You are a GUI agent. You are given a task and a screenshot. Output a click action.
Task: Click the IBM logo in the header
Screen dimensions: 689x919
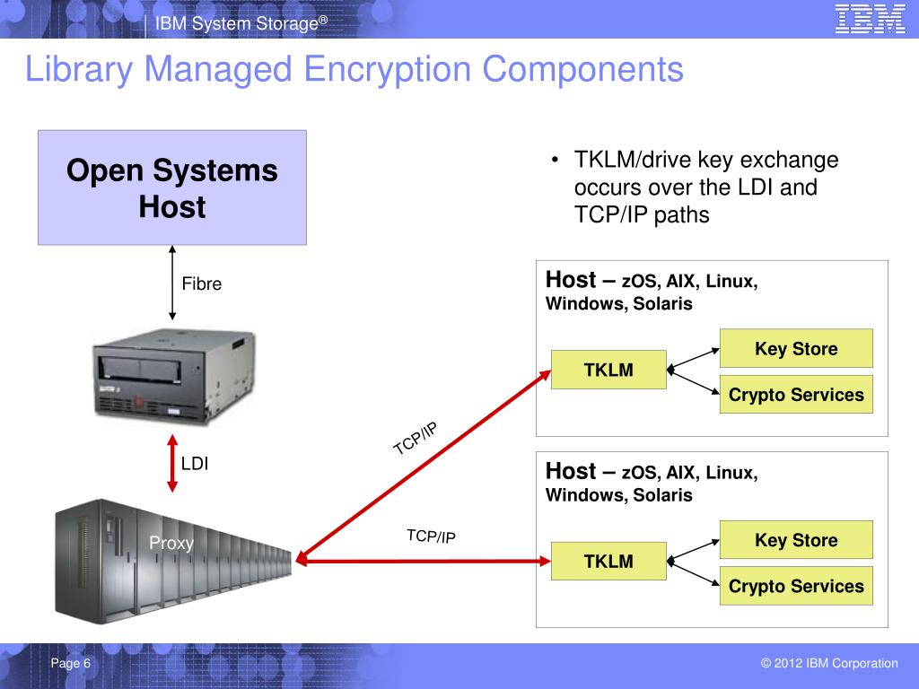[870, 20]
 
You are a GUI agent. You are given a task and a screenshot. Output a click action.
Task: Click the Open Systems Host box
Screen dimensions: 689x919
[172, 188]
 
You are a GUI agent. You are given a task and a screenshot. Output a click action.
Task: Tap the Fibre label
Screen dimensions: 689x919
[202, 284]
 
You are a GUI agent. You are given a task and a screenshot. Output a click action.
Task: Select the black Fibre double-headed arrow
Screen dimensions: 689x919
[171, 284]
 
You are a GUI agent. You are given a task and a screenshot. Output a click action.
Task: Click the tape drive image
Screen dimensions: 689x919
[173, 374]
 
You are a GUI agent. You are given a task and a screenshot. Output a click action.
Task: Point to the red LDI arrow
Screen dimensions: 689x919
[171, 464]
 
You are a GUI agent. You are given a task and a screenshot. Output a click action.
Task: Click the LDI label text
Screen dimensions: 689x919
[195, 464]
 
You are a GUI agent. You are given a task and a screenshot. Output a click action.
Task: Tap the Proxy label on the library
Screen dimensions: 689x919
[171, 543]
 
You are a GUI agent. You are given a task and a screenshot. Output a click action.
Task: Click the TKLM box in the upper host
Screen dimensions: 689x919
[608, 370]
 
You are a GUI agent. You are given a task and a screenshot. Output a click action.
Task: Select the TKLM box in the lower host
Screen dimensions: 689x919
[608, 562]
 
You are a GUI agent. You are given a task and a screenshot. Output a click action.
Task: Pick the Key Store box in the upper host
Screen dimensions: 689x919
[796, 348]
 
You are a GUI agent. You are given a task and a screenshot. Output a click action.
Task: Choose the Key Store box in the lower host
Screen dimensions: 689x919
[796, 540]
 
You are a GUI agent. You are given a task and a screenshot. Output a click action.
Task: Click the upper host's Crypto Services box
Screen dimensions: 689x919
[796, 395]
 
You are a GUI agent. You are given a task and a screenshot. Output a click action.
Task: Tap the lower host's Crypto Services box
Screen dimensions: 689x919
[796, 586]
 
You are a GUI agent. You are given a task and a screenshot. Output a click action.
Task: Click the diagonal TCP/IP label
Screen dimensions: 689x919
[416, 439]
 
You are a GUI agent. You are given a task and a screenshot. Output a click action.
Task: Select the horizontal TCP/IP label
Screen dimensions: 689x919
[431, 536]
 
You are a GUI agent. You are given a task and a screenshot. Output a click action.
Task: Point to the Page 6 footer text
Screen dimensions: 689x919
[71, 664]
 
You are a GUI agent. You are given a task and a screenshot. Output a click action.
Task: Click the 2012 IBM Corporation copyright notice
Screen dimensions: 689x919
[828, 664]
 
